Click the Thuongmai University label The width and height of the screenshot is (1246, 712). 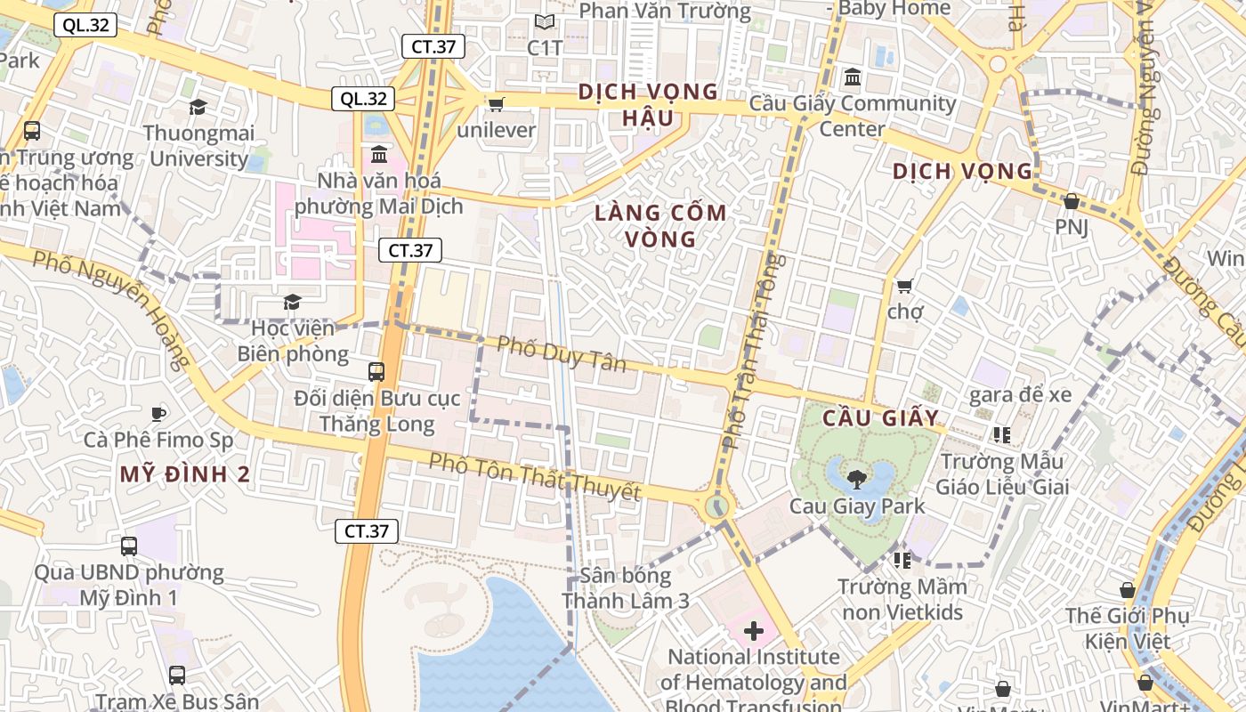point(200,146)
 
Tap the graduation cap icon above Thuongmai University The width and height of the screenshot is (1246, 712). point(198,107)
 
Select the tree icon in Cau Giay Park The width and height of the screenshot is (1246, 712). point(856,480)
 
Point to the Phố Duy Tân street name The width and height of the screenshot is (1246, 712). point(561,353)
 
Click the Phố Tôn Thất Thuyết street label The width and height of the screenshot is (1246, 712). point(534,476)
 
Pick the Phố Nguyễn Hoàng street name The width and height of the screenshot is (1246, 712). point(111,308)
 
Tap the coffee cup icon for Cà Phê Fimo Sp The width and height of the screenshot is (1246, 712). point(158,414)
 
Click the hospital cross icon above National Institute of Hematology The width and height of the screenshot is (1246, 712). point(754,631)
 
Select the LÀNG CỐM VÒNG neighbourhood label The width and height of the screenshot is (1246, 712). point(660,226)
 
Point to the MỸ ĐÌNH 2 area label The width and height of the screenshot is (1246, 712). point(185,474)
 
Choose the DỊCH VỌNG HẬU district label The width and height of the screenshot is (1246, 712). point(647,104)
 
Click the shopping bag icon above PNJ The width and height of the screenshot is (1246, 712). point(1072,201)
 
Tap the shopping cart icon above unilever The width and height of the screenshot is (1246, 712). point(497,104)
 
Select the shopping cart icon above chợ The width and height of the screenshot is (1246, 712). point(905,286)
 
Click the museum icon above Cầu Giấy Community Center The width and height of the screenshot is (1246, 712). point(853,77)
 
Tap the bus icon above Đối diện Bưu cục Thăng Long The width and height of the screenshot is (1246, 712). point(376,371)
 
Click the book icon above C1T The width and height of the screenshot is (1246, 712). point(545,22)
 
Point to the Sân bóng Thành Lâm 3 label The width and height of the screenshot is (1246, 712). point(626,588)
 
